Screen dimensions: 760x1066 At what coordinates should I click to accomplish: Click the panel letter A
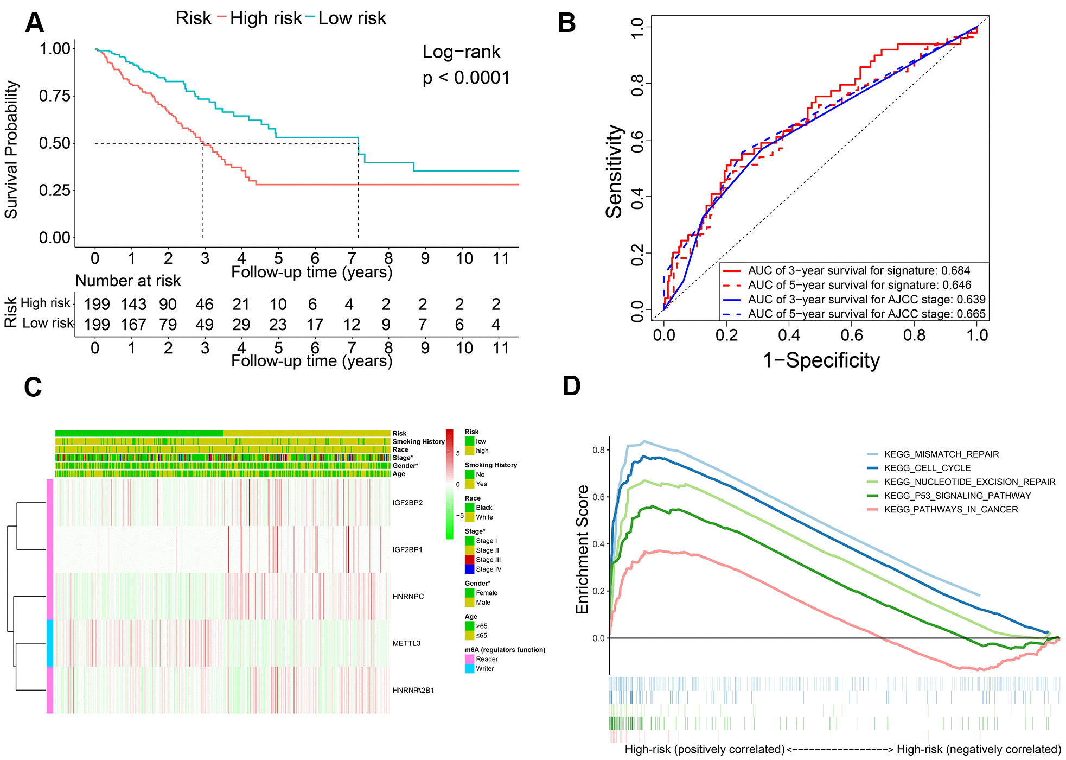pos(34,23)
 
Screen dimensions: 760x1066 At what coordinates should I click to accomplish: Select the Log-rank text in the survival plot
pos(461,52)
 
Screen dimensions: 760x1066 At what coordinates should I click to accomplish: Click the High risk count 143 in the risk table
pos(133,305)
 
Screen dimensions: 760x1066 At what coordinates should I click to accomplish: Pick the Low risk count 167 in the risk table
pos(133,325)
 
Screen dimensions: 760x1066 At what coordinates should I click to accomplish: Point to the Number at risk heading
pos(127,281)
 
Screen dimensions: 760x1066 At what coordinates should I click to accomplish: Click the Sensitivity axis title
pos(614,172)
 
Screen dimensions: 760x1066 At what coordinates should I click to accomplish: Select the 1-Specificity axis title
pos(821,360)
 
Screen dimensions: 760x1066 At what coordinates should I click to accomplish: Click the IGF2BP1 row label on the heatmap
pos(407,550)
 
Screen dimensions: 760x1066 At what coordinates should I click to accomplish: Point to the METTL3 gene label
pos(406,643)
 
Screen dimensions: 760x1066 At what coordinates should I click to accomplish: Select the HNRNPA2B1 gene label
pos(413,691)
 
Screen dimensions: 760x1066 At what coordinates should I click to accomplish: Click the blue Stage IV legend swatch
pos(470,569)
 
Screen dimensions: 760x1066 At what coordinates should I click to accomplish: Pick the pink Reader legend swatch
pos(470,659)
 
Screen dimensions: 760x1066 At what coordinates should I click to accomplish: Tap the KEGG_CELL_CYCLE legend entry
pos(927,468)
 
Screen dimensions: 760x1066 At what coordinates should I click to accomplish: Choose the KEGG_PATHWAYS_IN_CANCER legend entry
pos(950,509)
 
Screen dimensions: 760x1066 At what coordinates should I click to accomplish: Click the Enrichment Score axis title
pos(582,549)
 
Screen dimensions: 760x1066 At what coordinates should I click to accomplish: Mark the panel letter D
pos(571,386)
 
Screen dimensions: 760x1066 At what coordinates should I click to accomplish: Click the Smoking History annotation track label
pos(418,441)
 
